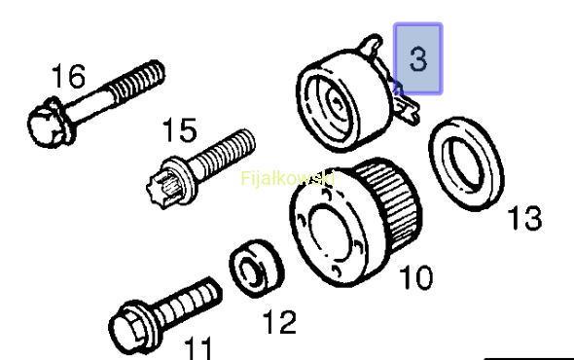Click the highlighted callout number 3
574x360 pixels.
click(x=418, y=58)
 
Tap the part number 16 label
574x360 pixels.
click(x=69, y=76)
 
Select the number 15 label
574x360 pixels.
click(x=180, y=130)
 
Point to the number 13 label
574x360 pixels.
click(x=524, y=218)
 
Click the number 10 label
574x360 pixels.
click(x=416, y=277)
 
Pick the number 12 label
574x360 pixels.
click(x=279, y=321)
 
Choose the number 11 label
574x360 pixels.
click(x=198, y=348)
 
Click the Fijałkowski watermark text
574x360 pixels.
click(x=288, y=179)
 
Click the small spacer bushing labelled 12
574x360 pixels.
click(x=257, y=269)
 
